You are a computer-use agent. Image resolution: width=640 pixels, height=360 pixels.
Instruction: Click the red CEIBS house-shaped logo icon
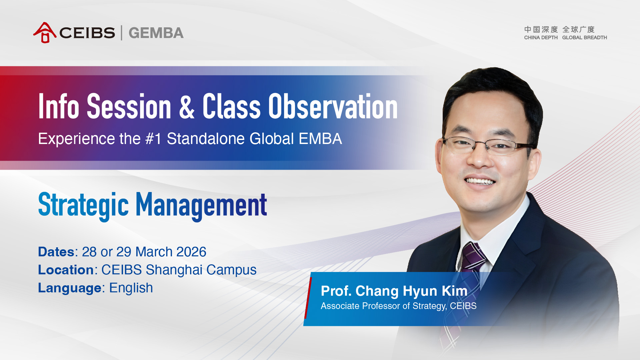pos(45,33)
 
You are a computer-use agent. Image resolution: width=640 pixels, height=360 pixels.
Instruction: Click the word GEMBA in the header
pos(156,33)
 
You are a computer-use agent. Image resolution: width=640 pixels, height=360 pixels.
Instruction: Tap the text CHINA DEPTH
pos(541,38)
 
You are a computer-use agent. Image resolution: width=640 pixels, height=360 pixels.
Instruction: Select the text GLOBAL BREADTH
pos(584,38)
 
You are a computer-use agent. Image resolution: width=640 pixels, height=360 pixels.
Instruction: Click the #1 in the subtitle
pos(154,139)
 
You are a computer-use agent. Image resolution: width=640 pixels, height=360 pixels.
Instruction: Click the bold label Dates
pos(56,252)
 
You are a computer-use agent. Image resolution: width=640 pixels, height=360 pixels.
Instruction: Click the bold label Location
pos(66,270)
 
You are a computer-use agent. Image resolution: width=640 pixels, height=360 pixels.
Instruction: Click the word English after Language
pos(131,288)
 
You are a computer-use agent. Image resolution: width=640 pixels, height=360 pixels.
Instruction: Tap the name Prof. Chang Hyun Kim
pos(394,291)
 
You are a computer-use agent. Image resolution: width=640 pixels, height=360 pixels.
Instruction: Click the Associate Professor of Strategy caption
pos(399,306)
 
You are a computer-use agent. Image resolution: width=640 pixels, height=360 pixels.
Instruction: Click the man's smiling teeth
pos(480,182)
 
